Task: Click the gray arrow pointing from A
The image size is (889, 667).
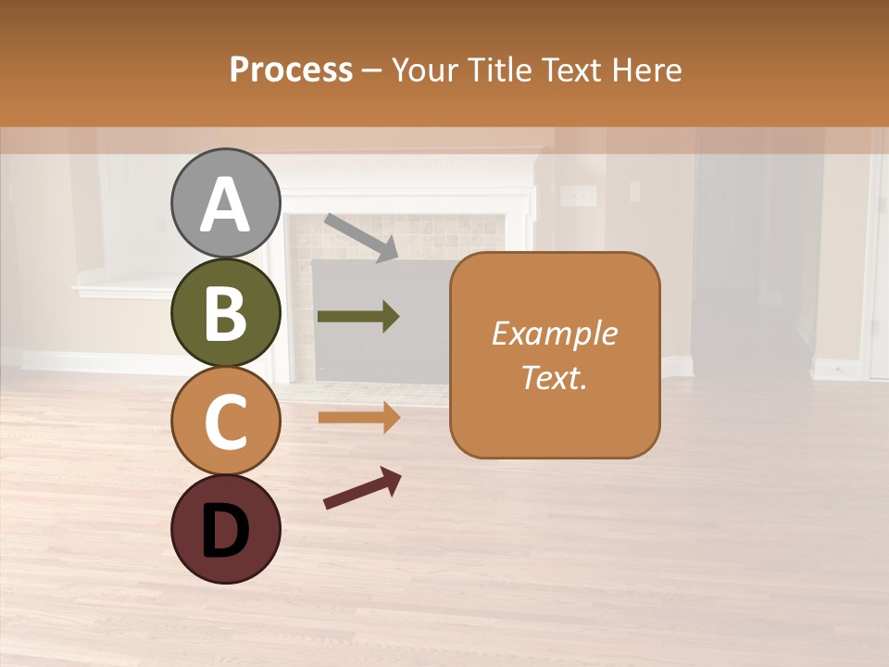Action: [361, 237]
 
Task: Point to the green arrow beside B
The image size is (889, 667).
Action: [358, 317]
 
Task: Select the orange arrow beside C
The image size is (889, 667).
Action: [358, 418]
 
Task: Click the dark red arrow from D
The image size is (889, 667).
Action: [362, 488]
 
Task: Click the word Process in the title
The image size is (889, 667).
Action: [291, 69]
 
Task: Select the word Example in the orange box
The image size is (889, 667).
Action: [554, 333]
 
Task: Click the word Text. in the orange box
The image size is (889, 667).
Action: [554, 377]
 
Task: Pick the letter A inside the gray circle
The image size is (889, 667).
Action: [225, 206]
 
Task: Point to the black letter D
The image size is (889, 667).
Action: [225, 532]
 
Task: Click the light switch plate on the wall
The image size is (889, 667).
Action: [580, 196]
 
